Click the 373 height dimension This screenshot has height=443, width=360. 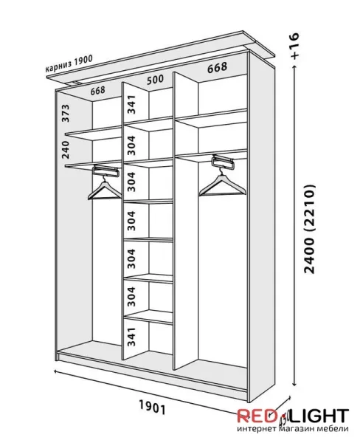coord(65,113)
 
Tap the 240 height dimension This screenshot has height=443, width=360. coord(65,149)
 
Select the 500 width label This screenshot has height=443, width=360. coord(155,80)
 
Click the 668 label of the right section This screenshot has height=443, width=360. coord(217,68)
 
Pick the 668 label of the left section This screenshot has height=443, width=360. coord(97,91)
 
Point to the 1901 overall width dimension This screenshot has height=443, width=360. coord(152,408)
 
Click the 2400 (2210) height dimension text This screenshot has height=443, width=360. coord(309,229)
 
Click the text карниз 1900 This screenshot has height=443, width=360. coord(69,63)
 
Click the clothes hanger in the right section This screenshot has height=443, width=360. coord(223,184)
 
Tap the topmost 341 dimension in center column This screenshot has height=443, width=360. coord(131,105)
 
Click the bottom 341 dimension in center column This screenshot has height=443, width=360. coord(131,337)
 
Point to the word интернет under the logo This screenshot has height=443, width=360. coord(257,429)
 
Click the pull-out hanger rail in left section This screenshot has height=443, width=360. coord(105,171)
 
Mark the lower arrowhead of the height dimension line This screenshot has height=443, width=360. coord(294,384)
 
